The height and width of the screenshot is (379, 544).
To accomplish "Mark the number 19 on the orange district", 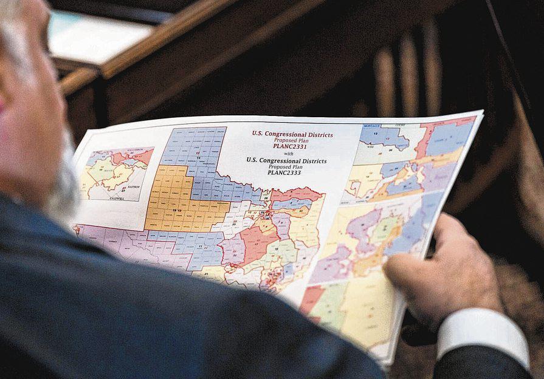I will pyautogui.click(x=175, y=210).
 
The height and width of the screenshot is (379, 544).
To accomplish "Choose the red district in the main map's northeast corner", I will pyautogui.click(x=297, y=194).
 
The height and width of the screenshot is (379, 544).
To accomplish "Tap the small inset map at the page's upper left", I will pyautogui.click(x=115, y=174).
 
